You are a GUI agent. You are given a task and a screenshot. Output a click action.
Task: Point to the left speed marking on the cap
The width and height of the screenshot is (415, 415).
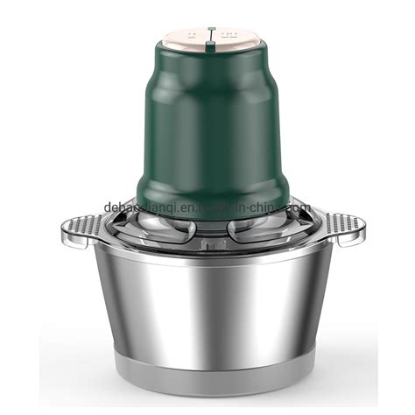pyautogui.click(x=188, y=35)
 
